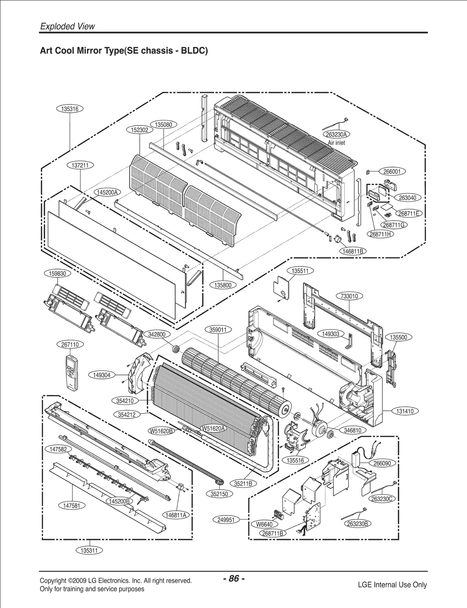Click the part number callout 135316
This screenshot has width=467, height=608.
[69, 109]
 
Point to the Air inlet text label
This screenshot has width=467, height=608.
[336, 143]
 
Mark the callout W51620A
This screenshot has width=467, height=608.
[214, 428]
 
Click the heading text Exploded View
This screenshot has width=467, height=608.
[67, 27]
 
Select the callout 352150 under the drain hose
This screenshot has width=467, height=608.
[219, 494]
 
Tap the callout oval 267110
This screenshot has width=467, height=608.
[70, 345]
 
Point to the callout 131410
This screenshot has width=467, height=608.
[405, 411]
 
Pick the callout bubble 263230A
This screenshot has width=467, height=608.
[336, 134]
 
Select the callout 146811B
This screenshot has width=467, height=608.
[353, 251]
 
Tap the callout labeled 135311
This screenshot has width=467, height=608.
[90, 551]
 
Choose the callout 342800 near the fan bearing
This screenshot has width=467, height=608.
[157, 335]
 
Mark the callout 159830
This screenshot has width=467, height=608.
[57, 274]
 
